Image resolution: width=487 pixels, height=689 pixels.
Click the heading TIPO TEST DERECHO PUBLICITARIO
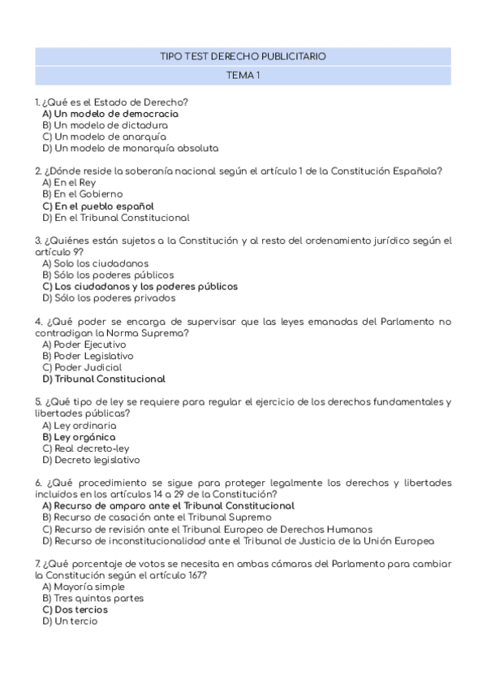click(x=243, y=57)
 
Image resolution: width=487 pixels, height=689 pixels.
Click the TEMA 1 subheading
click(x=243, y=76)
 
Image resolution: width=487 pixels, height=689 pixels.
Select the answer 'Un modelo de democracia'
click(x=110, y=114)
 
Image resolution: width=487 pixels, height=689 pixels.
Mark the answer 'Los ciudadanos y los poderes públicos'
click(x=140, y=286)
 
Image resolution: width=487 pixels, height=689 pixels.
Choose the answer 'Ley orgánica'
click(x=79, y=436)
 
